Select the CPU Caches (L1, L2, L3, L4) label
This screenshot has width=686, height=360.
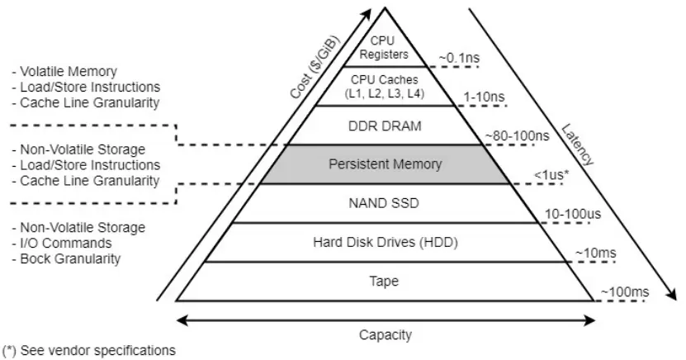pyautogui.click(x=385, y=86)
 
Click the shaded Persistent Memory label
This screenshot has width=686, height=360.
pyautogui.click(x=385, y=163)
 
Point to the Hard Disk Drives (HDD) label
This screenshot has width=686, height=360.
pyautogui.click(x=385, y=242)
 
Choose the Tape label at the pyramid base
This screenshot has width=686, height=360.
pyautogui.click(x=385, y=281)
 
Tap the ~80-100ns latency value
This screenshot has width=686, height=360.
pyautogui.click(x=516, y=134)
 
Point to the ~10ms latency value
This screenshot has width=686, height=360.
pyautogui.click(x=594, y=253)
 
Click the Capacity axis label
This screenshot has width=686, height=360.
pyautogui.click(x=385, y=334)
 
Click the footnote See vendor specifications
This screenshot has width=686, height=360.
pyautogui.click(x=88, y=350)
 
